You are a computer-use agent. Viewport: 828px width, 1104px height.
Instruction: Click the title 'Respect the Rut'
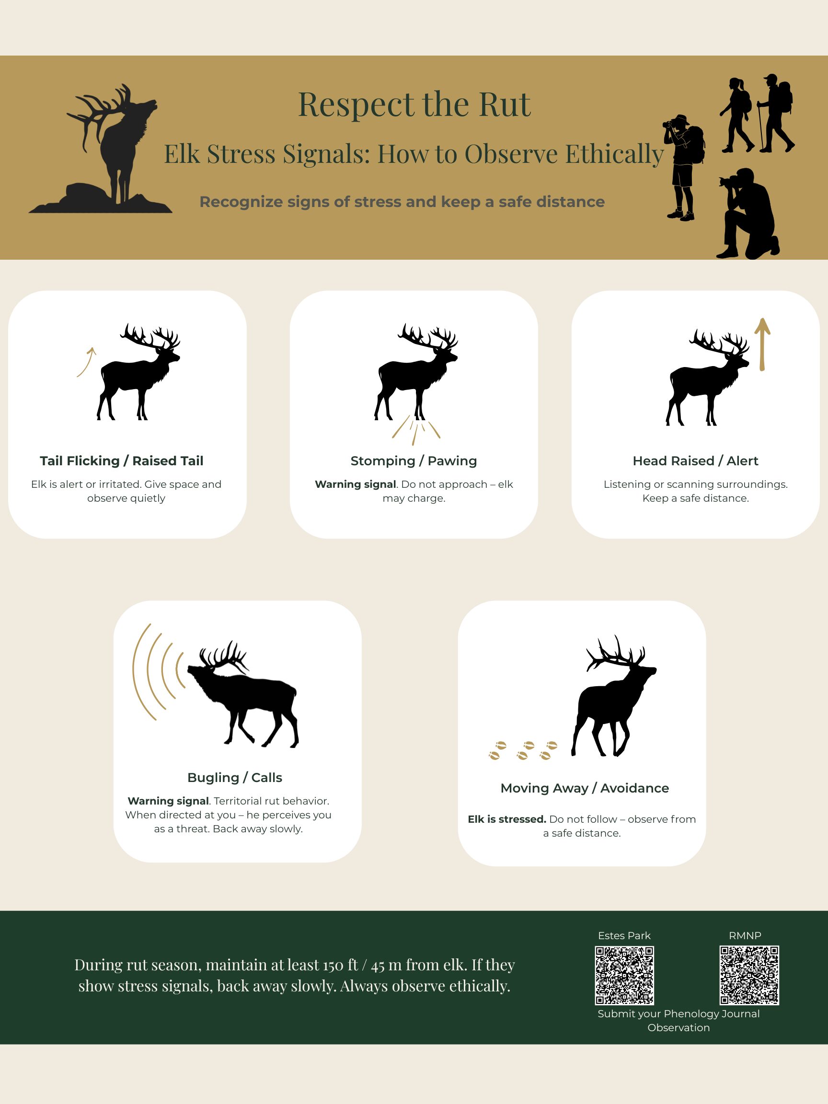(414, 104)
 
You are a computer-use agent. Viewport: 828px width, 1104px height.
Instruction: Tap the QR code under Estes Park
(624, 975)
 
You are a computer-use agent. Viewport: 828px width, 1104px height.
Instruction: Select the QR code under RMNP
(748, 975)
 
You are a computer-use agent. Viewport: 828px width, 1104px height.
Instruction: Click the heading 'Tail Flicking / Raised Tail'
(121, 460)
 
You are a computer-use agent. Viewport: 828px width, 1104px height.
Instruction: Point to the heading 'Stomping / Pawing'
(413, 460)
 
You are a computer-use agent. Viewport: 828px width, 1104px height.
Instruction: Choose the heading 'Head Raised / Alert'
(695, 460)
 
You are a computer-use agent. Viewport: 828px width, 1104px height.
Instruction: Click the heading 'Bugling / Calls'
(235, 777)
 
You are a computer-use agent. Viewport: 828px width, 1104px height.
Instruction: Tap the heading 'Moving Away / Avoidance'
(585, 788)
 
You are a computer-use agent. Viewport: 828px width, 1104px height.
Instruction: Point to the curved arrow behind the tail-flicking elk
(86, 362)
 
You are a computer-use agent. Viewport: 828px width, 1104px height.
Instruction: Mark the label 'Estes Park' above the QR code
(624, 935)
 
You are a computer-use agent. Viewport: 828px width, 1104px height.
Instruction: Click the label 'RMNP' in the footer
(745, 935)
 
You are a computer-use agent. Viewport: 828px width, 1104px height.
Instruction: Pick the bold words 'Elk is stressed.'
(506, 819)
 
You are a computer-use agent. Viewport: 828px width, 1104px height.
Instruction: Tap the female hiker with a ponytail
(736, 115)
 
